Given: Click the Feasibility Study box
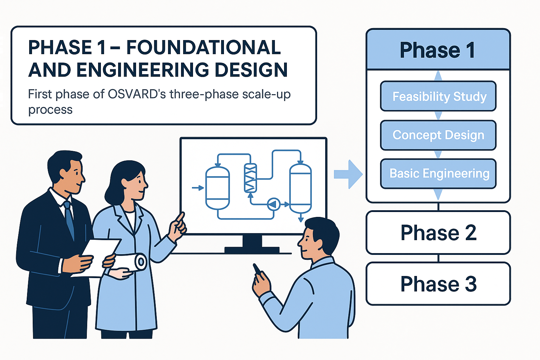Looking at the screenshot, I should coord(438,96).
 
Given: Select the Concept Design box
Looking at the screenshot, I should coord(438,135).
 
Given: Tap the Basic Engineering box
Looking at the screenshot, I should coord(438,174).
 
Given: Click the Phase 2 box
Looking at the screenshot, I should coord(438,233).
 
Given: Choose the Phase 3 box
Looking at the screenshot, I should coord(438,284).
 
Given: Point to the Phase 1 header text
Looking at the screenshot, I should coord(437,50).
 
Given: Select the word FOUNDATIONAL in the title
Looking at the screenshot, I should coord(204,47).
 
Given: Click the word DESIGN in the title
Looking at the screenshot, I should coord(251,70).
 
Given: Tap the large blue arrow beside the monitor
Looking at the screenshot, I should coord(348,174).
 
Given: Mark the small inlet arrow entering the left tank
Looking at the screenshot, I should coord(198,188).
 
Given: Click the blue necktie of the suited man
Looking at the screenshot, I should coord(70,220).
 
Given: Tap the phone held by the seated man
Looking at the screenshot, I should coord(257,269).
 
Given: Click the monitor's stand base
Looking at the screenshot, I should coord(252,250).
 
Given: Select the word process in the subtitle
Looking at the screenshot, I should coord(50,110).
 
